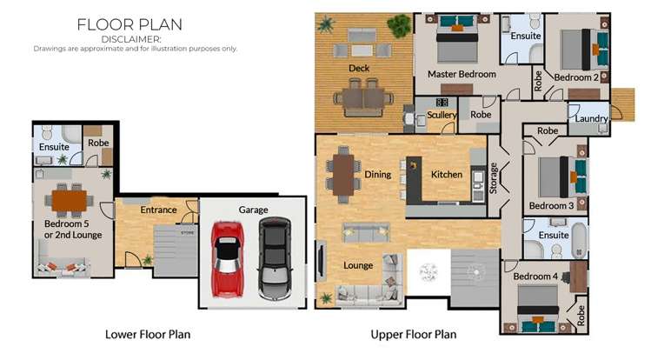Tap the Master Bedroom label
pyautogui.click(x=462, y=75)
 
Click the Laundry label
pyautogui.click(x=592, y=119)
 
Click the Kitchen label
pyautogui.click(x=447, y=175)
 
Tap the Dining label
pyautogui.click(x=377, y=175)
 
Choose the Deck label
pyautogui.click(x=360, y=68)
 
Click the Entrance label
pyautogui.click(x=159, y=210)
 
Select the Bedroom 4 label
pyautogui.click(x=535, y=277)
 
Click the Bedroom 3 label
pyautogui.click(x=551, y=206)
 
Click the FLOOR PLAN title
pyautogui.click(x=130, y=24)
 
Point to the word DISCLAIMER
pyautogui.click(x=131, y=39)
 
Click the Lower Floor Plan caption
pyautogui.click(x=148, y=334)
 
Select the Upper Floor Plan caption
pyautogui.click(x=414, y=334)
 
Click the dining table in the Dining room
pyautogui.click(x=345, y=172)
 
